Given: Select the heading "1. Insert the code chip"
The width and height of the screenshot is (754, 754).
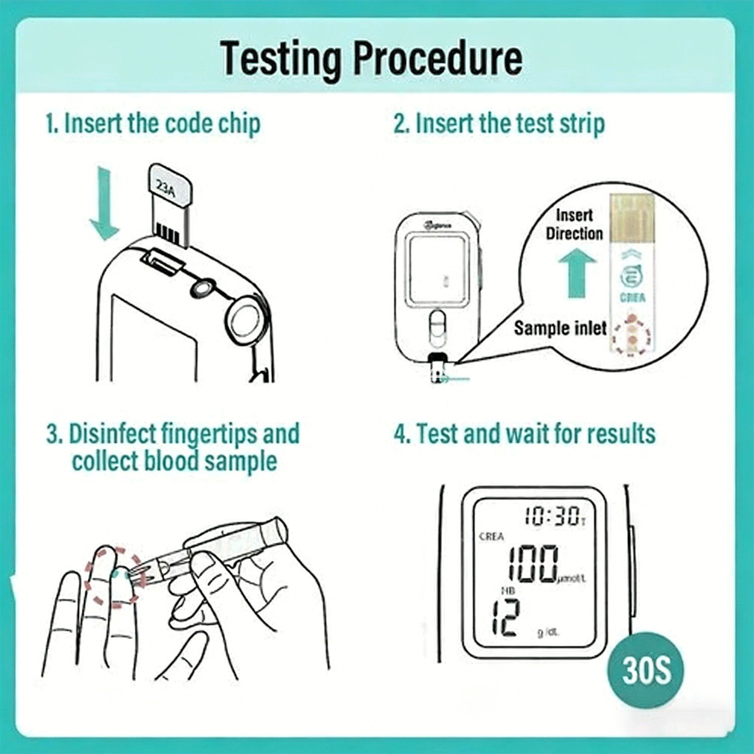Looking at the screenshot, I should pyautogui.click(x=153, y=124).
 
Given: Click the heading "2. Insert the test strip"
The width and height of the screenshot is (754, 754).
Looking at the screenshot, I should pyautogui.click(x=499, y=124).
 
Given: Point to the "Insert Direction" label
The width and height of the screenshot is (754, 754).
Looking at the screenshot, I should pyautogui.click(x=574, y=224).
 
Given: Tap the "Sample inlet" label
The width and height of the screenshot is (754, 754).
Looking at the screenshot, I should pyautogui.click(x=559, y=328).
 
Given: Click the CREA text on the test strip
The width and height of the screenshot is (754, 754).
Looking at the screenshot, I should pyautogui.click(x=632, y=298).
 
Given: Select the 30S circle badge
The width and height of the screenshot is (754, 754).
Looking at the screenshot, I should pyautogui.click(x=646, y=670).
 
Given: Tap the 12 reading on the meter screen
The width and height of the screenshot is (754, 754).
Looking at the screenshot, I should pyautogui.click(x=505, y=618).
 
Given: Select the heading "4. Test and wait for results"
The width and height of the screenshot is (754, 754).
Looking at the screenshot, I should pyautogui.click(x=524, y=433).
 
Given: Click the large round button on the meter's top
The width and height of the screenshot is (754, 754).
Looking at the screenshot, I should pyautogui.click(x=245, y=319).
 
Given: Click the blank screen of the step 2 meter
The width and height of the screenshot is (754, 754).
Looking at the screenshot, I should pyautogui.click(x=436, y=270).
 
